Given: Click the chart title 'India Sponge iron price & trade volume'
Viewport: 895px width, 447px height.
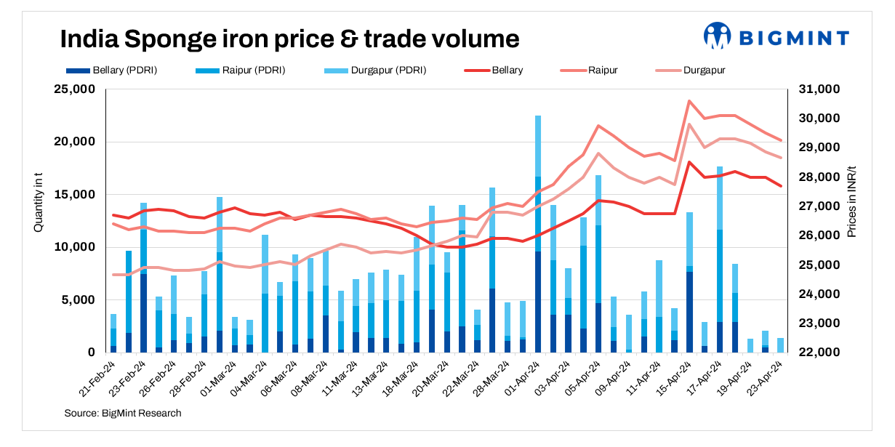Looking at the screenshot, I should click(289, 39).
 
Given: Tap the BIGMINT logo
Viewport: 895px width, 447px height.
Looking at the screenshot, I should click(776, 36).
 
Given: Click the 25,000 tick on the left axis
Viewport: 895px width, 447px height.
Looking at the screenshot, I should click(76, 89).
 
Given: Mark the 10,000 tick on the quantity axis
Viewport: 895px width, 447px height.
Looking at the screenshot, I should click(76, 247).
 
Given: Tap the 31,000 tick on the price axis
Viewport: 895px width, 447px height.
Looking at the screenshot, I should click(820, 89).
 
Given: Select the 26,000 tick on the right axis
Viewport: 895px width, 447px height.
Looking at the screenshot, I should click(820, 235).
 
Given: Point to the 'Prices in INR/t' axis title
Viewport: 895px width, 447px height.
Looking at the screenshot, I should click(852, 200).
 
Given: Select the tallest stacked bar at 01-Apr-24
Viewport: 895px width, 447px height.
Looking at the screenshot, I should click(538, 233).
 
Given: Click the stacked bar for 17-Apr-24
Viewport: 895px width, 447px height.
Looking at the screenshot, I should click(720, 262).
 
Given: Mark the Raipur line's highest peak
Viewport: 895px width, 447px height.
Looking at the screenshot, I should click(689, 101).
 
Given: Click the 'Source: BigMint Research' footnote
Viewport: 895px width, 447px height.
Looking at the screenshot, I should click(123, 413).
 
